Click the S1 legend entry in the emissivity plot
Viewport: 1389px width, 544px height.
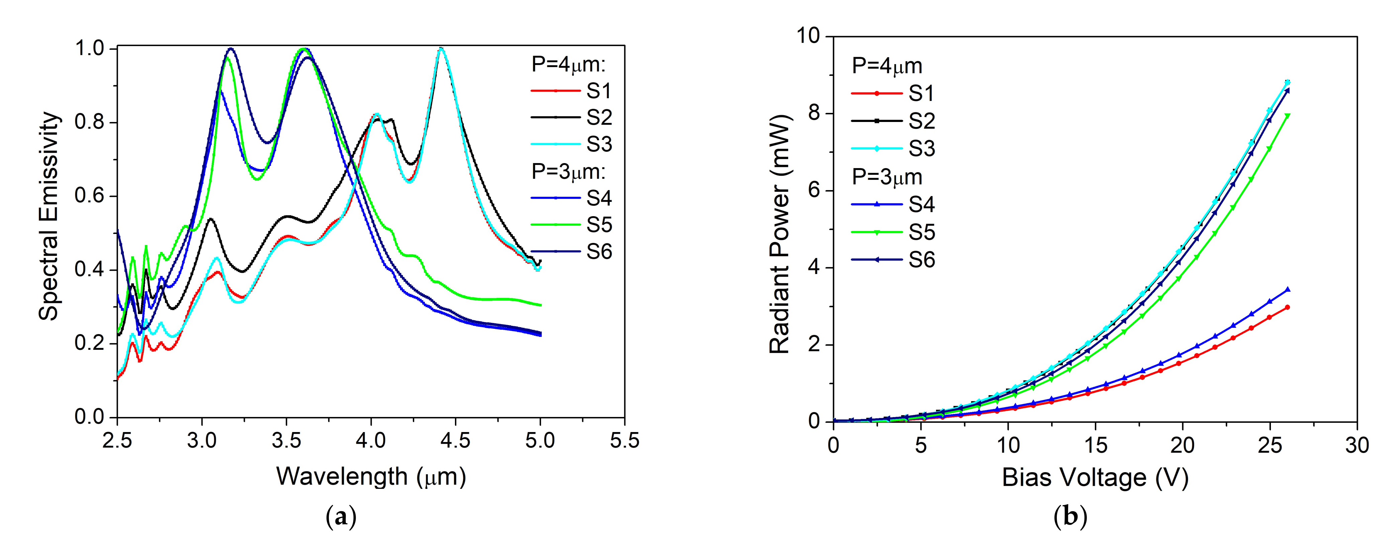click(x=598, y=92)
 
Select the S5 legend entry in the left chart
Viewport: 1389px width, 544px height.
click(x=598, y=225)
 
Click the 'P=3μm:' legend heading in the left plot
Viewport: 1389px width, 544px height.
click(x=569, y=171)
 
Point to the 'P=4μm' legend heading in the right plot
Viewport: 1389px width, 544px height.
click(x=887, y=66)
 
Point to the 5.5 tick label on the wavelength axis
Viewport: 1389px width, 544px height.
click(x=624, y=441)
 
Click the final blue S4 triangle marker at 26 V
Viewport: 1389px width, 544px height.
click(x=1288, y=289)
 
